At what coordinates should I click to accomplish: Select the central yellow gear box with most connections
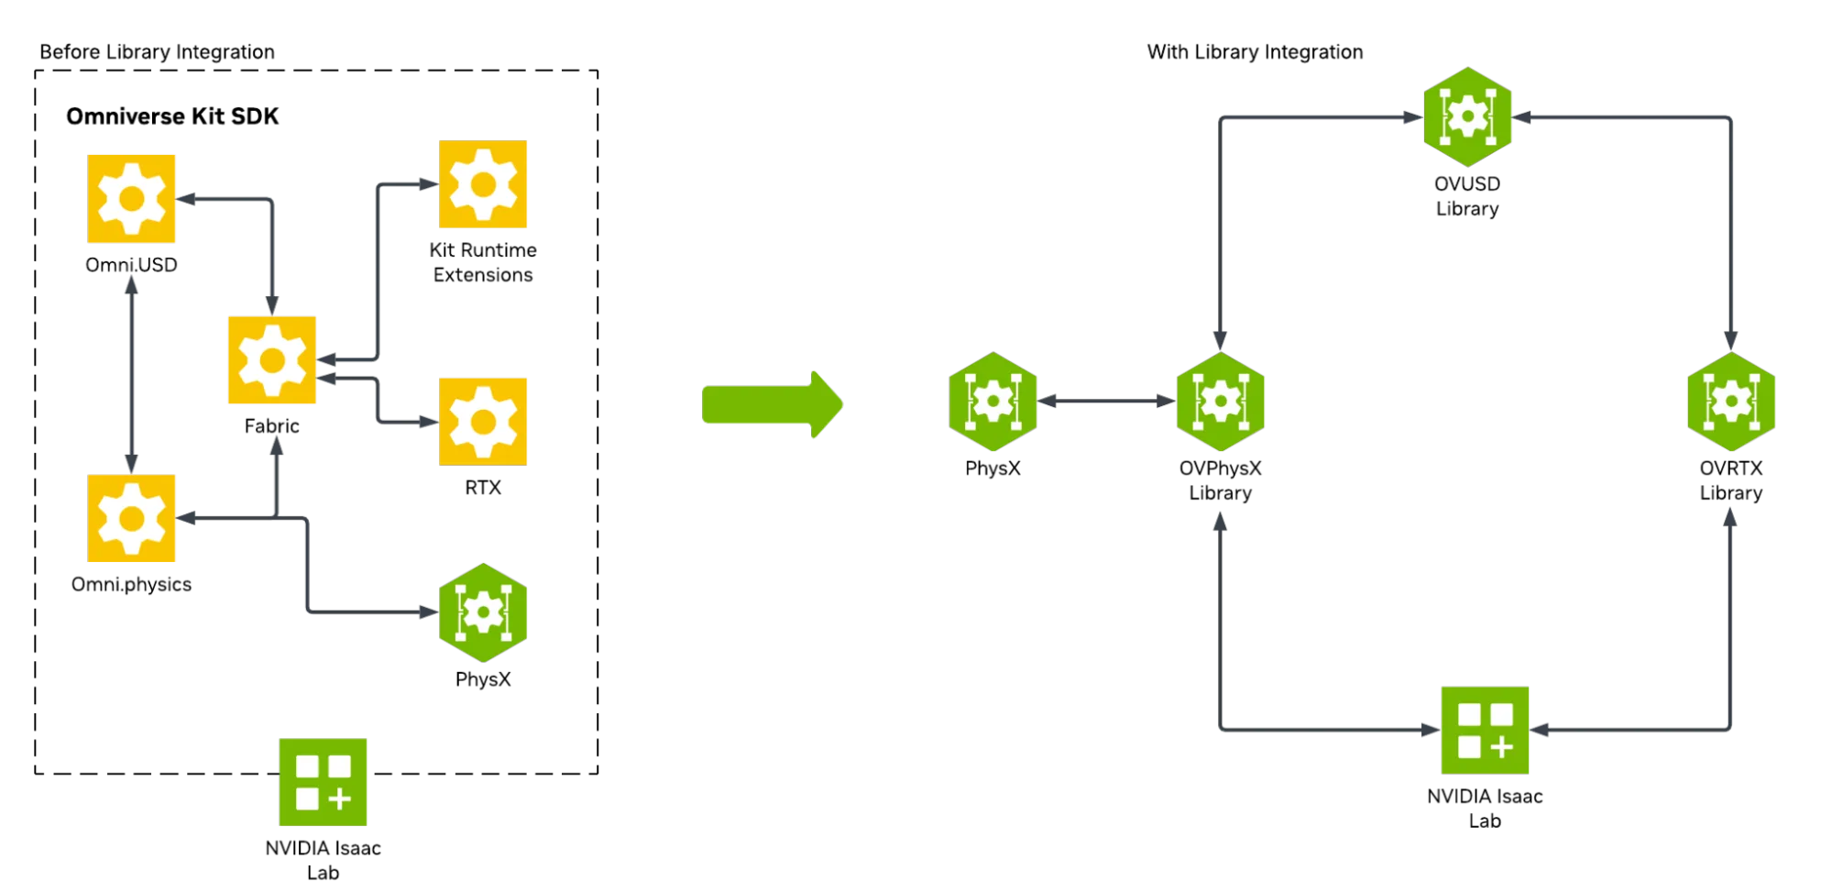click(273, 360)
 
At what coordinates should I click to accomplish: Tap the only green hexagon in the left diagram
click(483, 612)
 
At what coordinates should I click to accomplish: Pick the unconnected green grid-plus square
click(324, 781)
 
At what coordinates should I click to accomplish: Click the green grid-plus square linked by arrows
click(1485, 730)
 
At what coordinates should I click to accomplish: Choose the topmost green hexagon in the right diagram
click(1468, 116)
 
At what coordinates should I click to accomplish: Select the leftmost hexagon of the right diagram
click(993, 402)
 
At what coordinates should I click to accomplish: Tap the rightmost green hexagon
click(1731, 402)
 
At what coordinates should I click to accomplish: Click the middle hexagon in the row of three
click(1220, 402)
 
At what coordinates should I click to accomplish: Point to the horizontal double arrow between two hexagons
click(1106, 401)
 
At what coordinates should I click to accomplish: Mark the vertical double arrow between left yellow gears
click(132, 373)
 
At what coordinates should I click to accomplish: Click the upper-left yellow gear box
click(131, 200)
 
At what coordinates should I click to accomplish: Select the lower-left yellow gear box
click(131, 517)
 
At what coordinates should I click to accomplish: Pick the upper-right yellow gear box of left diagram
click(481, 186)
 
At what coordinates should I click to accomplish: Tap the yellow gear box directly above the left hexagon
click(481, 421)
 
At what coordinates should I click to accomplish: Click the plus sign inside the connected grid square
click(1501, 747)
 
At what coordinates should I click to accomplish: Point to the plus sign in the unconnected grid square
click(340, 799)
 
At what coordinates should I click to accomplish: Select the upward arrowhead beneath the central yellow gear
click(275, 446)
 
